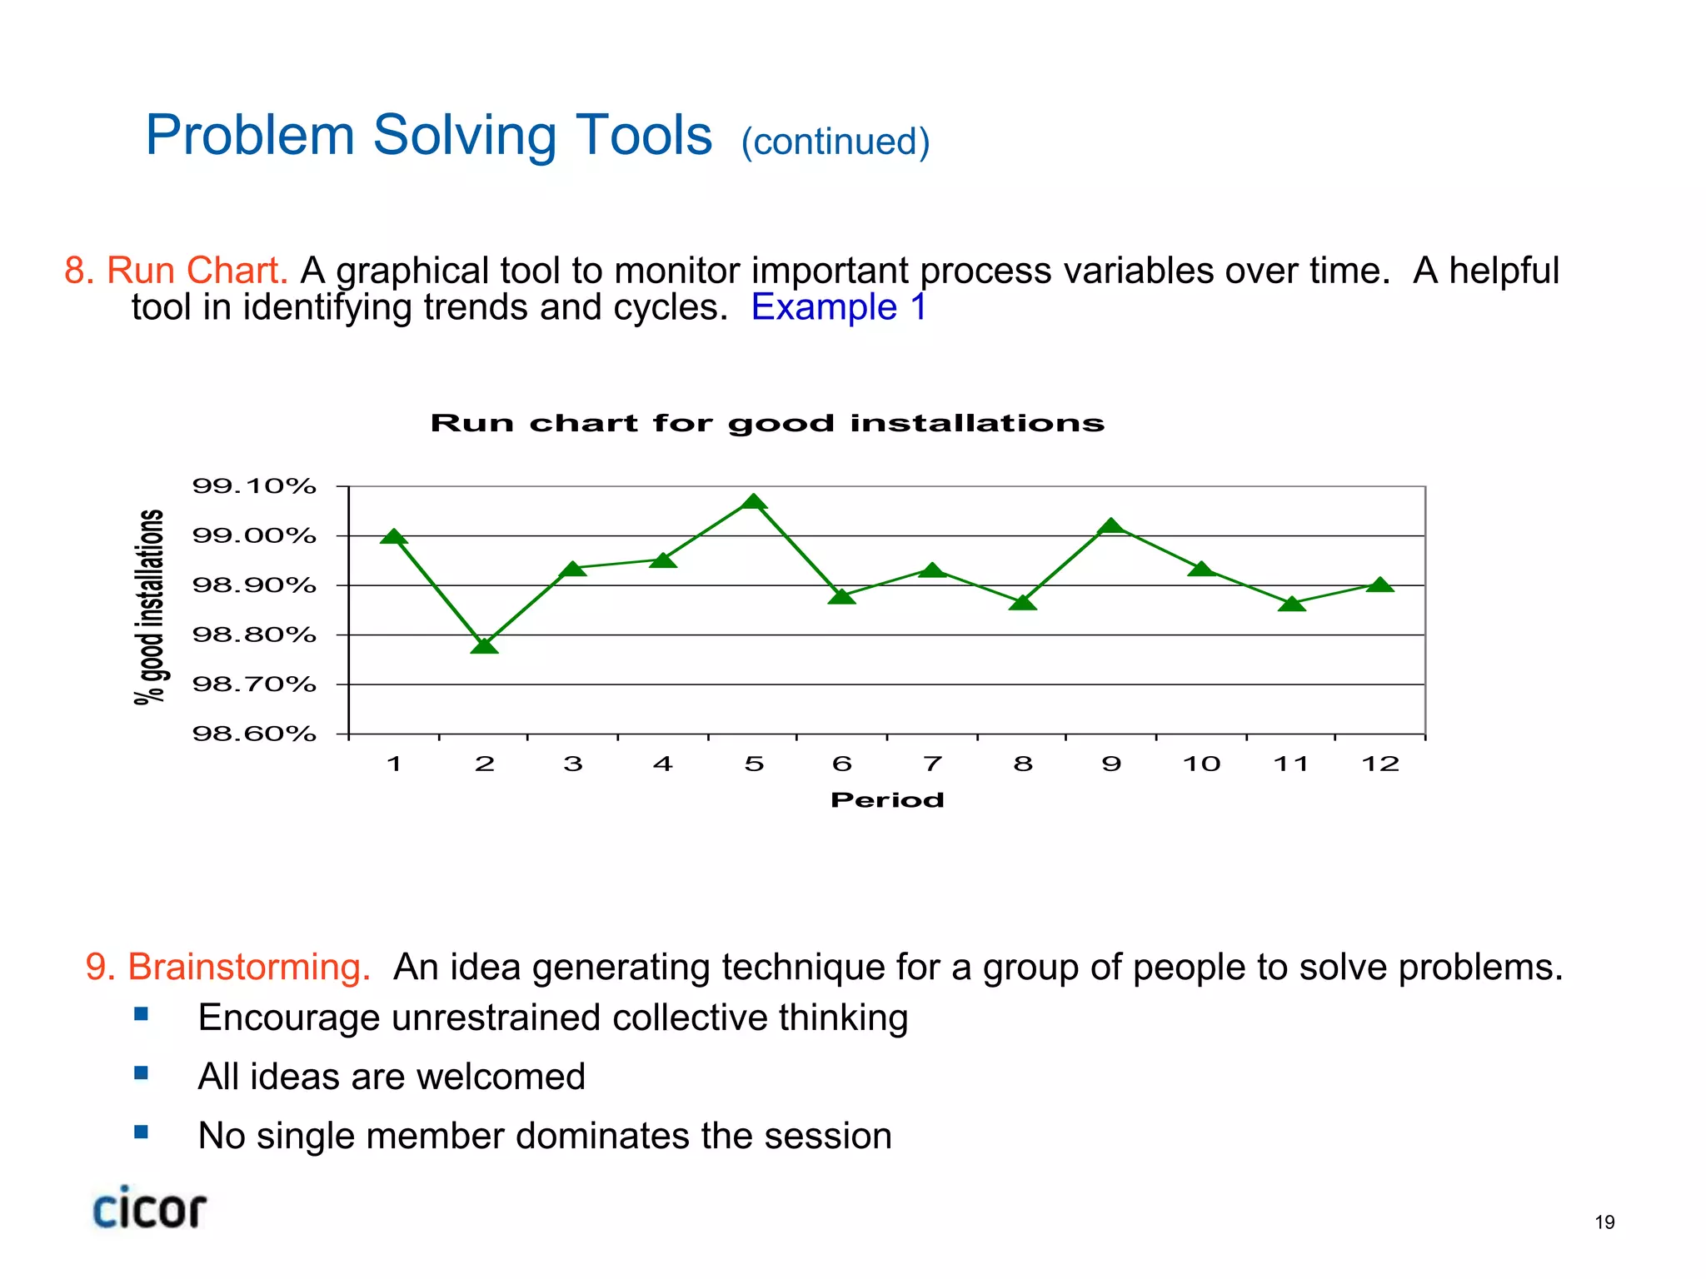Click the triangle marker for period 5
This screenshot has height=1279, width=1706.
click(x=753, y=502)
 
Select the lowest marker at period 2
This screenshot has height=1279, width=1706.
click(x=484, y=646)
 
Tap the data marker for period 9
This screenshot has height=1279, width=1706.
click(x=1111, y=526)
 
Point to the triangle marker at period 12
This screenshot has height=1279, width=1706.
click(x=1380, y=585)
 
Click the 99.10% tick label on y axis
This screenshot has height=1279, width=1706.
click(x=254, y=486)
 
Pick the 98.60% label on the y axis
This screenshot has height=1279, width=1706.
click(x=254, y=734)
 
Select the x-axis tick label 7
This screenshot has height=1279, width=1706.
click(x=932, y=764)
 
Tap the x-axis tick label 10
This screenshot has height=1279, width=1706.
click(x=1201, y=764)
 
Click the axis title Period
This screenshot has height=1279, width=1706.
click(x=887, y=800)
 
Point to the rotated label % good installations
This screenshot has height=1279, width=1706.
click(x=150, y=607)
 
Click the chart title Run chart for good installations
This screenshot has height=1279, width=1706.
click(x=767, y=423)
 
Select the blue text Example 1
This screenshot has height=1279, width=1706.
click(x=838, y=307)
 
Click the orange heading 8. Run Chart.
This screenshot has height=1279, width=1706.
click(x=177, y=271)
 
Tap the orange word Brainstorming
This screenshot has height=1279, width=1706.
click(x=248, y=968)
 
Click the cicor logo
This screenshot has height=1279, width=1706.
click(x=149, y=1209)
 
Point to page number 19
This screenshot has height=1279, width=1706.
click(x=1604, y=1222)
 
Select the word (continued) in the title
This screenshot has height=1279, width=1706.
click(x=835, y=142)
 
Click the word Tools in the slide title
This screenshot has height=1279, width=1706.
click(x=644, y=135)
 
